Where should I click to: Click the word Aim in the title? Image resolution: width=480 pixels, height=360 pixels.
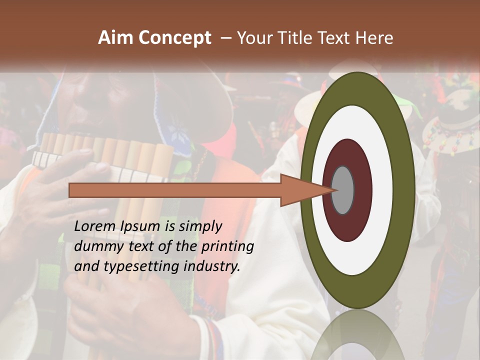(x=116, y=38)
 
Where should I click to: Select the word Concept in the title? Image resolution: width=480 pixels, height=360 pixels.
(x=175, y=38)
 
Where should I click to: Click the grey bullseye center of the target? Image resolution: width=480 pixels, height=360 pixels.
(x=343, y=190)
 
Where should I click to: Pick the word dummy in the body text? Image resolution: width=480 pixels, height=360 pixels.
(x=95, y=246)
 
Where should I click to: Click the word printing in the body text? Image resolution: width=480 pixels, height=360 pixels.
(x=227, y=247)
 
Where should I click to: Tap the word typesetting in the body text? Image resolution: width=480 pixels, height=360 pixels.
(x=152, y=267)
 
